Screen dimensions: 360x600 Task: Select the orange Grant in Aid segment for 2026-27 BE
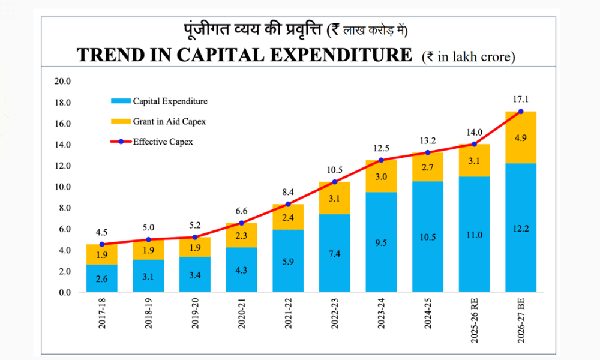pyautogui.click(x=521, y=137)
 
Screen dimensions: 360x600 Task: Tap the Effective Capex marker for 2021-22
pyautogui.click(x=288, y=204)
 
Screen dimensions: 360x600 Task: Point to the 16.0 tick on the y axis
pyautogui.click(x=62, y=124)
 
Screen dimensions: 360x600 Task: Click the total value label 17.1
pyautogui.click(x=521, y=99)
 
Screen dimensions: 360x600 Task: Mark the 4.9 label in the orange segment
pyautogui.click(x=521, y=137)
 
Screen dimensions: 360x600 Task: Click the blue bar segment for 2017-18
pyautogui.click(x=102, y=278)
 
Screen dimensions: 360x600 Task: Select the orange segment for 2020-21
pyautogui.click(x=242, y=235)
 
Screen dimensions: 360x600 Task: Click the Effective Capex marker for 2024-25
pyautogui.click(x=428, y=152)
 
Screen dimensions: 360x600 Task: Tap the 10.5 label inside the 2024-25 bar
pyautogui.click(x=428, y=237)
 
